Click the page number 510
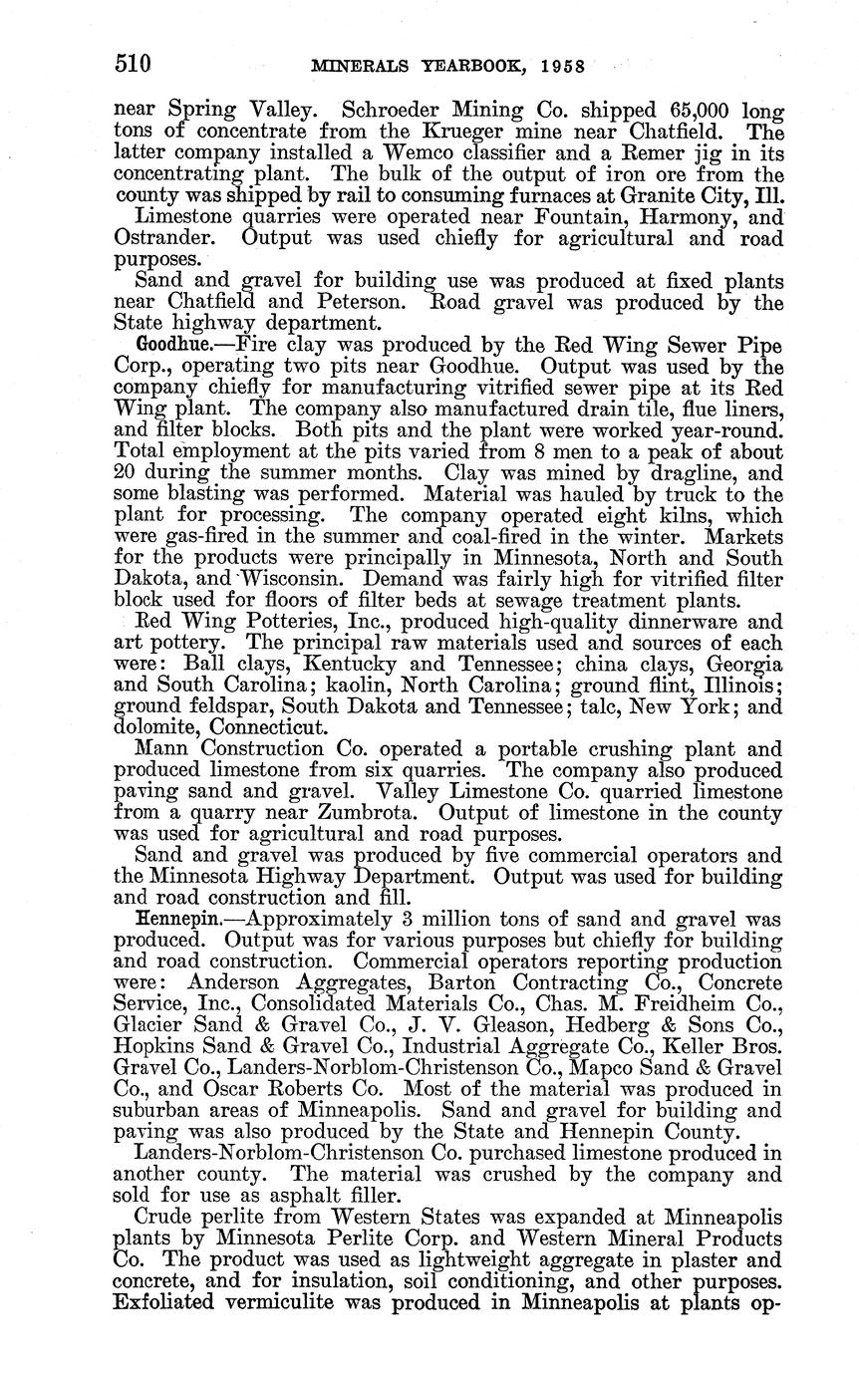[x=133, y=66]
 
